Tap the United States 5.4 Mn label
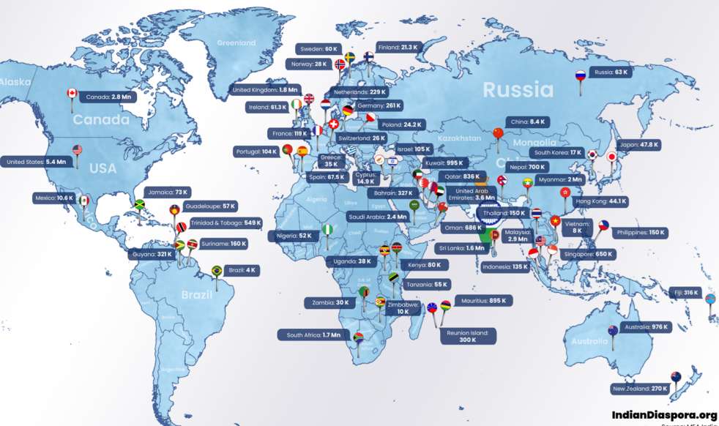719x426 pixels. tap(36, 162)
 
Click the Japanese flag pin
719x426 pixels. tap(611, 156)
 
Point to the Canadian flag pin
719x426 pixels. tap(72, 94)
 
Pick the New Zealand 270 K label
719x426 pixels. tap(639, 389)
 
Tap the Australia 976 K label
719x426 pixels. tap(644, 327)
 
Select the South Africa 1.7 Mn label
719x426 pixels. tap(313, 335)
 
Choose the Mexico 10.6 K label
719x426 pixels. tap(54, 198)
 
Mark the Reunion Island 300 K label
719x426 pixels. tap(468, 336)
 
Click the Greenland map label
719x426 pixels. tap(237, 42)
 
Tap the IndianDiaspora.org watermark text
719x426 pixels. tap(664, 414)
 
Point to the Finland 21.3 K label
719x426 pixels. tap(399, 48)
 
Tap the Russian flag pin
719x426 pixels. tap(580, 75)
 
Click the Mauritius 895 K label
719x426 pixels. tap(483, 301)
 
